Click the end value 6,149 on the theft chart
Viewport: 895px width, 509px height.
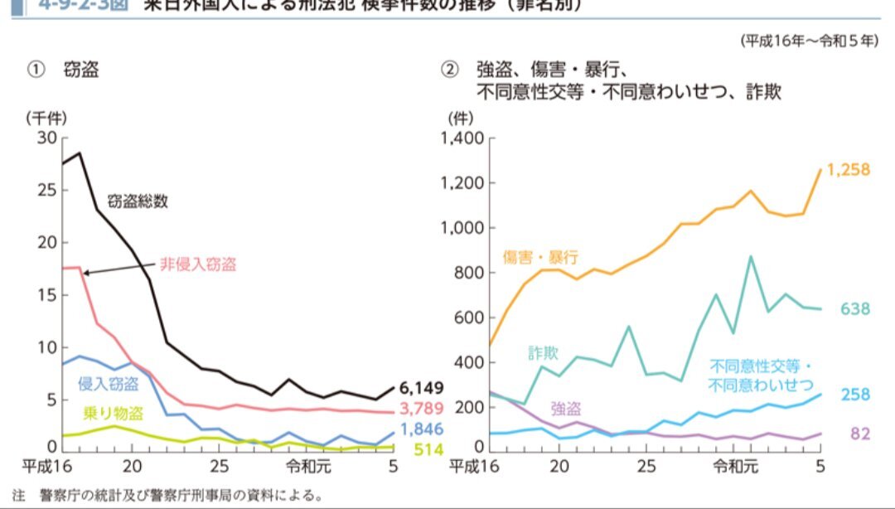click(422, 387)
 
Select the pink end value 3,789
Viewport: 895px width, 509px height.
click(422, 408)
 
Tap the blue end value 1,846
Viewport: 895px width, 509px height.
click(422, 429)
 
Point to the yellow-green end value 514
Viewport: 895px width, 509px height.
click(429, 449)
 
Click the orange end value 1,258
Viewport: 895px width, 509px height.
click(848, 169)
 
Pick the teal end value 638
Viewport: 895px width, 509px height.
click(855, 309)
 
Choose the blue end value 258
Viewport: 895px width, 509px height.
click(855, 395)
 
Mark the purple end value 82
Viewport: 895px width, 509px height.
click(859, 434)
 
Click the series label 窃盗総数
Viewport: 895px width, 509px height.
click(138, 201)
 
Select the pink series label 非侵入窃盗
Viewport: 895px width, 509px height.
click(198, 265)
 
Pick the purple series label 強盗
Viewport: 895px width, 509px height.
click(565, 408)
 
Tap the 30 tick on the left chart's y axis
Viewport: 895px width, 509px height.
click(47, 138)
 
